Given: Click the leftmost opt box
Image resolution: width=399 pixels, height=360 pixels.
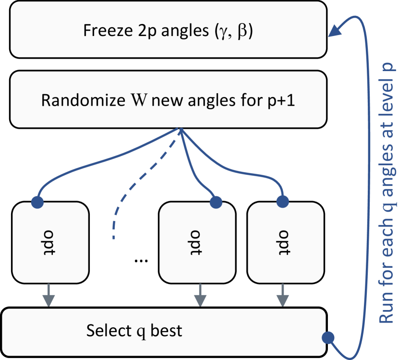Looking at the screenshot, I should pos(50,242).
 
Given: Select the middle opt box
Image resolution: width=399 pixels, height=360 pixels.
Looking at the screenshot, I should pos(197,242).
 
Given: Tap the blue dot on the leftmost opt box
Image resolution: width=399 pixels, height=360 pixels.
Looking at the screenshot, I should pos(37,202).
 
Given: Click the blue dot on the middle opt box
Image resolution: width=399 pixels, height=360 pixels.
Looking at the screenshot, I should pos(216,202).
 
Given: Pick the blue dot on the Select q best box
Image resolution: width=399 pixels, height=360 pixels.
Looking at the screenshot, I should pos(328,338).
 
